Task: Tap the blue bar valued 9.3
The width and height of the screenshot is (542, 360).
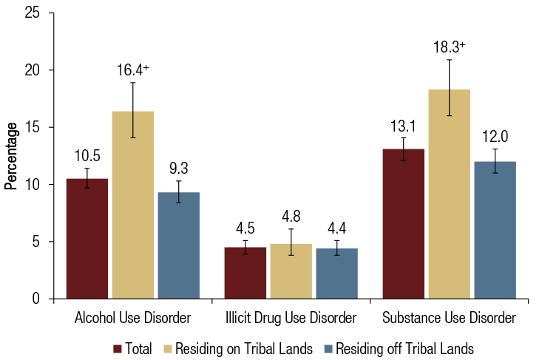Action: (x=179, y=245)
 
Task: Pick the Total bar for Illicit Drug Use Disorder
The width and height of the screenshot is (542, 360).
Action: (x=245, y=273)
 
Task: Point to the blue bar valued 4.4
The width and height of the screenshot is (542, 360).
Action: (x=337, y=274)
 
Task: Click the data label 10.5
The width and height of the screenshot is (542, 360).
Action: (x=87, y=157)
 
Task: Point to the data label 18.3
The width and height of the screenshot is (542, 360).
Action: (x=448, y=46)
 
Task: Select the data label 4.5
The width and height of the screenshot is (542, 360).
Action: (x=245, y=225)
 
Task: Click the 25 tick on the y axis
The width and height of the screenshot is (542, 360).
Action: (x=37, y=13)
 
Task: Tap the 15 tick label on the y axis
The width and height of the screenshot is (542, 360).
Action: (x=37, y=127)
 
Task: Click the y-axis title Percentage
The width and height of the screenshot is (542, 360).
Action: (x=10, y=156)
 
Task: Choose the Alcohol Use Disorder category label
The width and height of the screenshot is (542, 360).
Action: (x=133, y=319)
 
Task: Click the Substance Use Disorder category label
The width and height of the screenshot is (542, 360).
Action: (x=449, y=319)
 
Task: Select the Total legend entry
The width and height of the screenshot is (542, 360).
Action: (x=133, y=347)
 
